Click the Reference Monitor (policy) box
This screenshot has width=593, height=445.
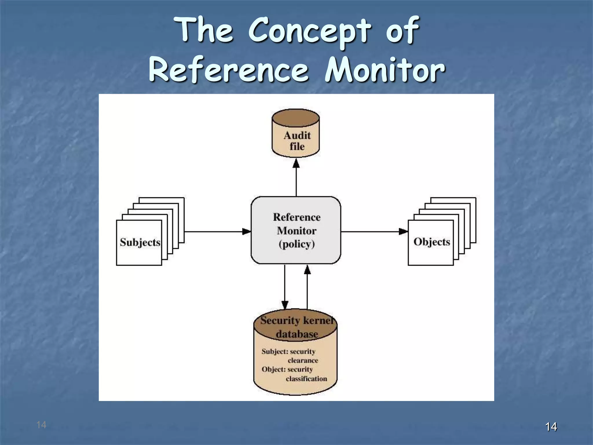[296, 230]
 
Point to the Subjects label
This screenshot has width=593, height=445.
[140, 242]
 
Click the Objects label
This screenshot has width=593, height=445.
[431, 242]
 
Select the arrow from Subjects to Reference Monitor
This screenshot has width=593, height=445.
[217, 231]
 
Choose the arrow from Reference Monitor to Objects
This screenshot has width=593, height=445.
[374, 231]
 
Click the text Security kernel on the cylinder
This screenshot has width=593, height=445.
[296, 320]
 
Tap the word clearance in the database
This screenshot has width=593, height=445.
[303, 360]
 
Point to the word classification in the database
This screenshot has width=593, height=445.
[306, 379]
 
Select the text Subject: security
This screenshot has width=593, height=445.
[288, 351]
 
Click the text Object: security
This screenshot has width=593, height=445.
[287, 369]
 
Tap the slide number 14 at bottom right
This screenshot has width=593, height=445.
[551, 426]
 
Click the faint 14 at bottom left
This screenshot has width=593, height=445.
[41, 425]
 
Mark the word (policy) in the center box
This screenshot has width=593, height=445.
[296, 244]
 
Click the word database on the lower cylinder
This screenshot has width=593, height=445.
[297, 334]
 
